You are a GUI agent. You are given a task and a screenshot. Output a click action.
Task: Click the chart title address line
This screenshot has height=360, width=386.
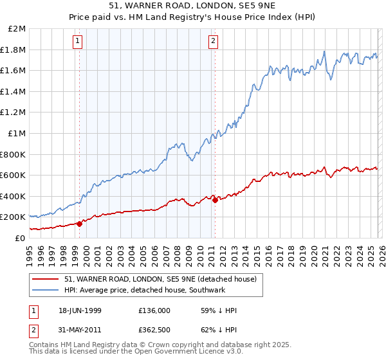[193, 7]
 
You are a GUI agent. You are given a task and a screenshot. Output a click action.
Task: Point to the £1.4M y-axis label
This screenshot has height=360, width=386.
[14, 92]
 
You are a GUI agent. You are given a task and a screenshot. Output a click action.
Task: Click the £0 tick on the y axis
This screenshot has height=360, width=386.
[20, 238]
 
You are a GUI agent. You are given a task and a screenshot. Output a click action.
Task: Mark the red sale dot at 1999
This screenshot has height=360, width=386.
[80, 224]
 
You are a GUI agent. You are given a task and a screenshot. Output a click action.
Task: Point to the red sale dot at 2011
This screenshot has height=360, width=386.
[214, 200]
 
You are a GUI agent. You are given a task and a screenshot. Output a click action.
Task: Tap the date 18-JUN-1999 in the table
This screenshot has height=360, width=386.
[76, 310]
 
